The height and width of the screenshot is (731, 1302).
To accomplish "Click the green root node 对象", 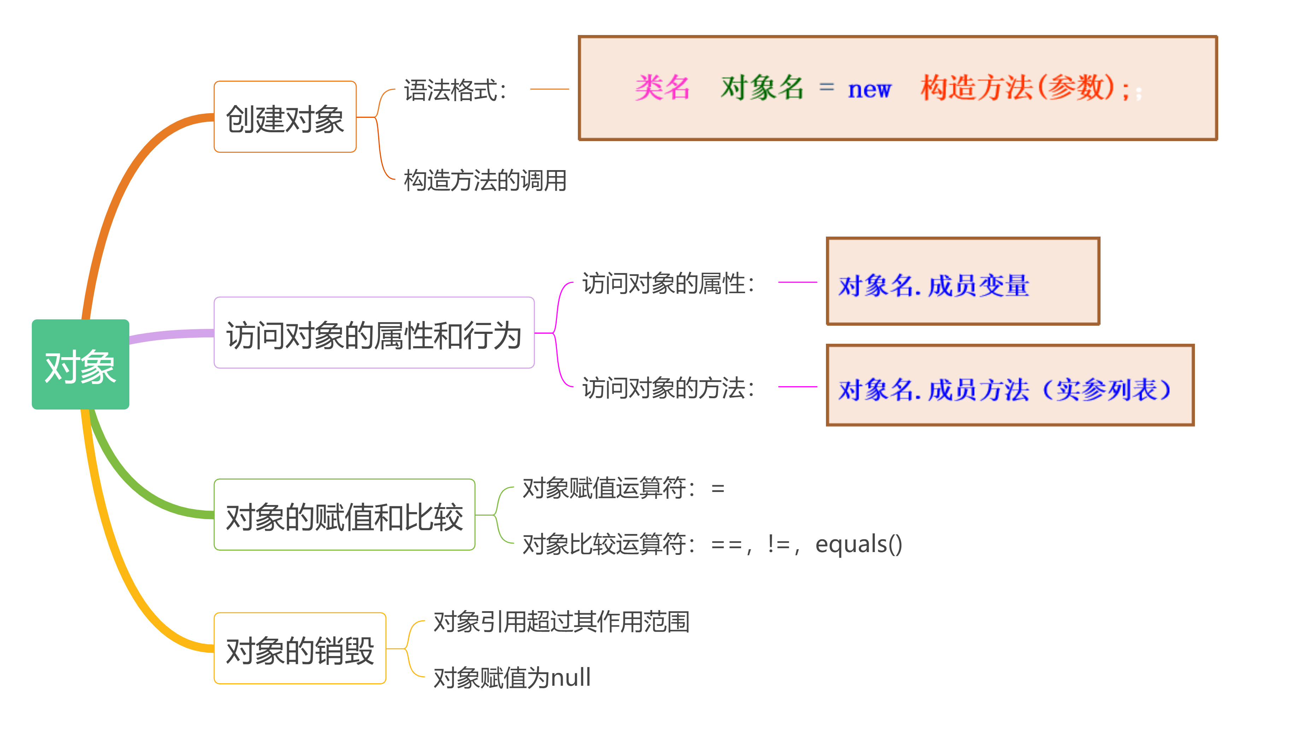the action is click(80, 365).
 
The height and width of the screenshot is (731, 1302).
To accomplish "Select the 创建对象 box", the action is click(285, 117).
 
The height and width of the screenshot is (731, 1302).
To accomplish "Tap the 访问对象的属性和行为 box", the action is click(374, 333).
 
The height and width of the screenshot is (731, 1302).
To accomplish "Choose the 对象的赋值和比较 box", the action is click(344, 515).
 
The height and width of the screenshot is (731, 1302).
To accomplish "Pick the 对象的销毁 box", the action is click(300, 649).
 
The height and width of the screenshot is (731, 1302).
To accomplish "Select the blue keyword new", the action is click(869, 89).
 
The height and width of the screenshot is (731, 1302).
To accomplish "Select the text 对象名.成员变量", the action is click(933, 285).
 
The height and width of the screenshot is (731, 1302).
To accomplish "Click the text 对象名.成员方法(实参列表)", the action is click(1004, 389).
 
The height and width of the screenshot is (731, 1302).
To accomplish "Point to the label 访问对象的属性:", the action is click(668, 283).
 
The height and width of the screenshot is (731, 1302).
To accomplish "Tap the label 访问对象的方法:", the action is click(668, 388).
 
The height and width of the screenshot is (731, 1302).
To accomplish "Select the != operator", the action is click(778, 544).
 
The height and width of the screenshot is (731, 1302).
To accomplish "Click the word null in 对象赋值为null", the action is click(570, 677).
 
